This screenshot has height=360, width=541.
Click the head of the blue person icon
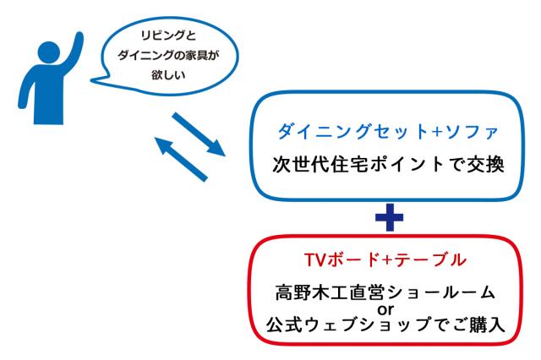49,52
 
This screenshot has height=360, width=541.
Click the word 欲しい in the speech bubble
168,75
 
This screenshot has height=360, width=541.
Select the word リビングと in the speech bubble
168,35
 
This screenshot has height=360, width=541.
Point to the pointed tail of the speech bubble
92,80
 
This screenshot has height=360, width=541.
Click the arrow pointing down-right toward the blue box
199,134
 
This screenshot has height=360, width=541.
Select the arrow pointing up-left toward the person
181,159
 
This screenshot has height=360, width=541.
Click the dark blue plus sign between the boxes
389,217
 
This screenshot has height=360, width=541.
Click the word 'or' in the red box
385,310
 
